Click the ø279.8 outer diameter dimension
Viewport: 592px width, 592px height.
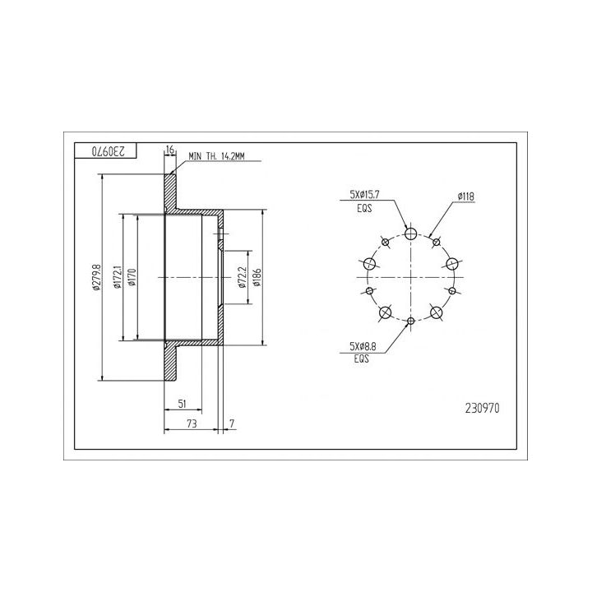[x=97, y=278]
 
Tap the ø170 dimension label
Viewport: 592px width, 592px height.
[x=132, y=278]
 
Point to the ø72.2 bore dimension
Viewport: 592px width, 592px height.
[x=242, y=278]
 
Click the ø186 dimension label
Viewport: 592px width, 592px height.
[x=257, y=278]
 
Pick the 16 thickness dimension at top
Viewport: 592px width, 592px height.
[x=170, y=150]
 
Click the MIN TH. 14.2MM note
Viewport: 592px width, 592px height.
[x=216, y=156]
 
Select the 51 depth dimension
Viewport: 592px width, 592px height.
[x=183, y=404]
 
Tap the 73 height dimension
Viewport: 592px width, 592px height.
[x=192, y=423]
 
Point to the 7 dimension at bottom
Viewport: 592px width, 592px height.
[x=232, y=423]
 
